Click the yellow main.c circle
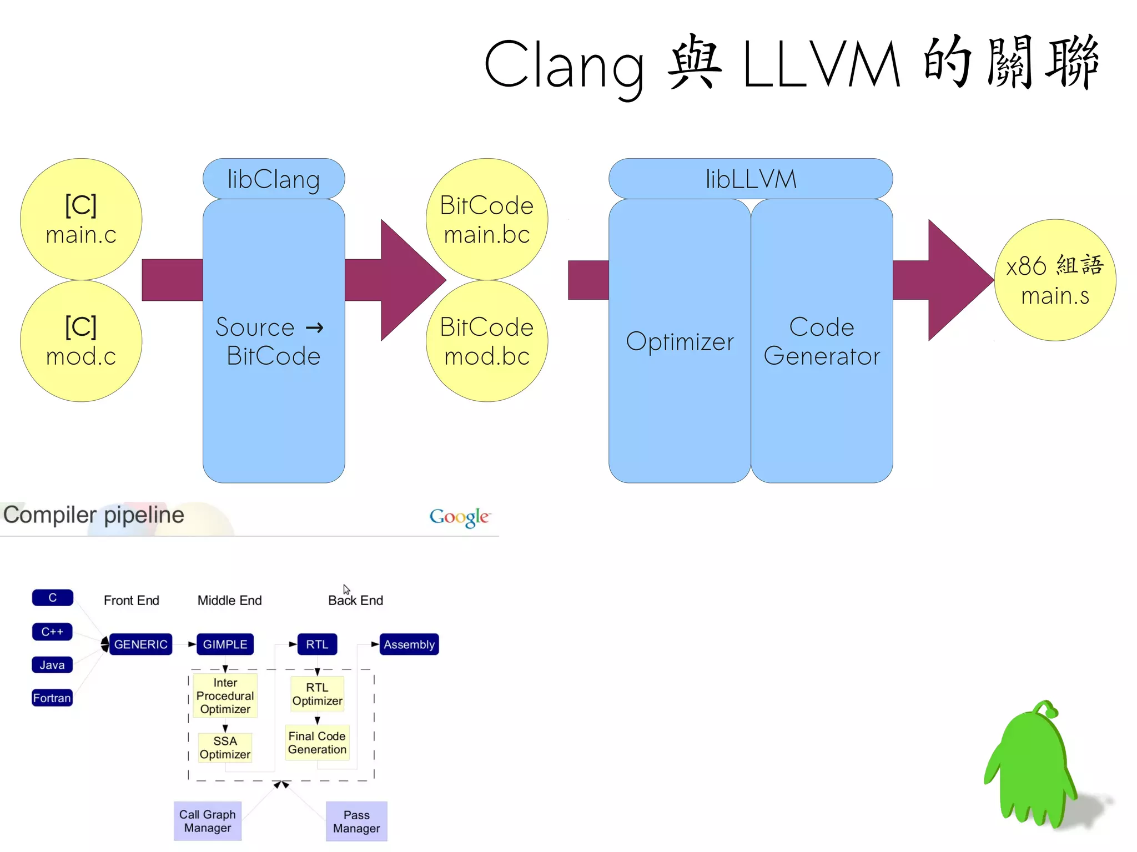click(81, 219)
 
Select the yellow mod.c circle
click(81, 341)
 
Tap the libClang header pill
click(274, 179)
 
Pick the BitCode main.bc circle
click(487, 219)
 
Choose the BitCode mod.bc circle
click(487, 341)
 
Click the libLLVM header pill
click(751, 179)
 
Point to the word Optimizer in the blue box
click(680, 341)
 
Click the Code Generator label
click(822, 341)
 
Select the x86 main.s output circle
click(1055, 280)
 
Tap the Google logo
click(459, 517)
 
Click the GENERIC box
click(140, 644)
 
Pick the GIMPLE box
click(225, 644)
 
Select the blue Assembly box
click(409, 644)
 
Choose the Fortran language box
click(52, 698)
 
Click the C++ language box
click(52, 632)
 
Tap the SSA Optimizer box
click(225, 748)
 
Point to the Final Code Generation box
click(317, 743)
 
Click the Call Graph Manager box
click(207, 821)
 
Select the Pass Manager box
click(356, 821)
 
